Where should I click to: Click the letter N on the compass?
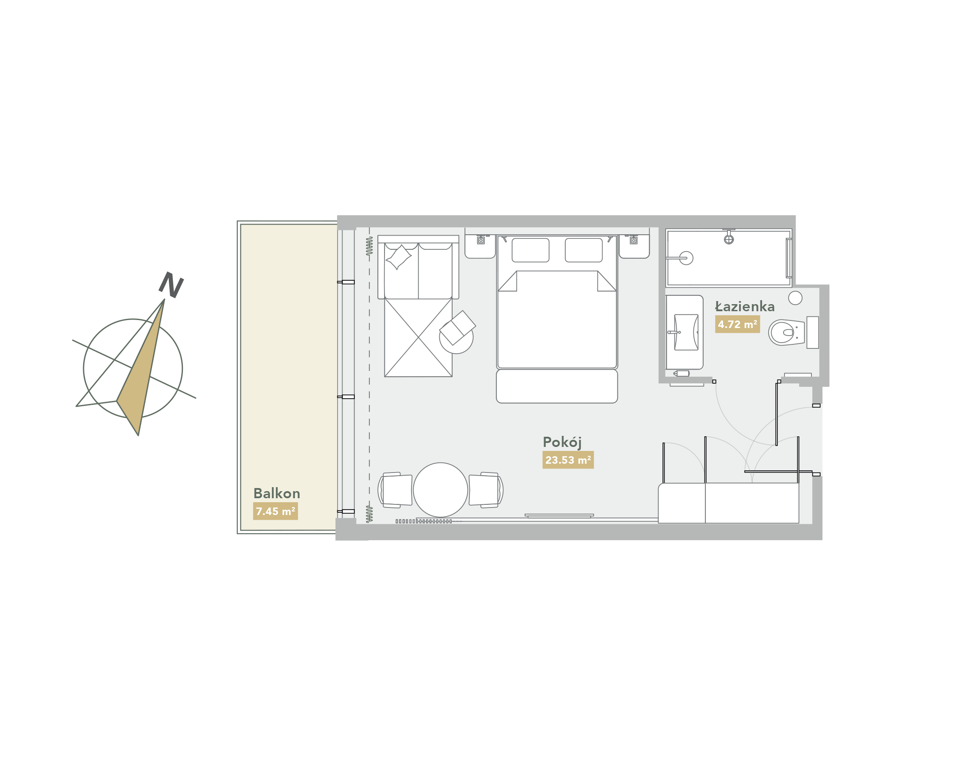point(171,285)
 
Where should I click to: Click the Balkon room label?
point(277,493)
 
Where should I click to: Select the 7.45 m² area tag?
point(275,511)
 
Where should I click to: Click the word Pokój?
point(562,442)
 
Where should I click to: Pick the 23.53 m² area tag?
point(568,460)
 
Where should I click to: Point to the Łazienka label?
point(745,306)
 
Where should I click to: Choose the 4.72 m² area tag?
point(737,324)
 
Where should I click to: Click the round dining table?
point(440,490)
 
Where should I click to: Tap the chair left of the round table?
point(395,490)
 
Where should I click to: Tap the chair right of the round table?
point(486,490)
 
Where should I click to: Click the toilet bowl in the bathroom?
point(787,332)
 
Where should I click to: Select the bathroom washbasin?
point(686,332)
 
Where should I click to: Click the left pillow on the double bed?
point(530,250)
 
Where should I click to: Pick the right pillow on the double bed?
point(583,250)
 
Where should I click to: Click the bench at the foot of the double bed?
point(556,386)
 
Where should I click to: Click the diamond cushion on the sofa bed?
point(398,257)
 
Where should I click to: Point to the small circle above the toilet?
point(795,298)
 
